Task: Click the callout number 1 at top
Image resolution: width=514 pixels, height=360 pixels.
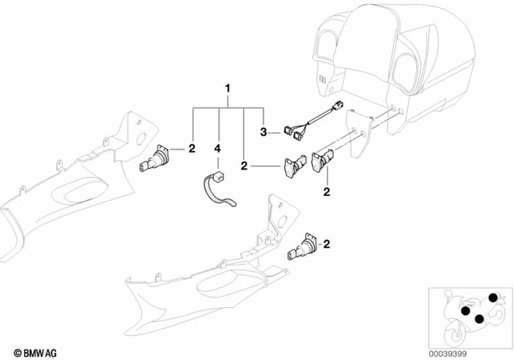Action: click(x=228, y=87)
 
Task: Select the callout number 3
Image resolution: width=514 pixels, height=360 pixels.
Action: click(x=263, y=129)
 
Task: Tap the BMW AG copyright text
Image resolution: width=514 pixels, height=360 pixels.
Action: click(x=29, y=352)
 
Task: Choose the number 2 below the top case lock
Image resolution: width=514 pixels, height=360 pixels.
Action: click(x=327, y=190)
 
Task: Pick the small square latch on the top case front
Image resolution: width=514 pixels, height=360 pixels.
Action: click(x=323, y=80)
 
